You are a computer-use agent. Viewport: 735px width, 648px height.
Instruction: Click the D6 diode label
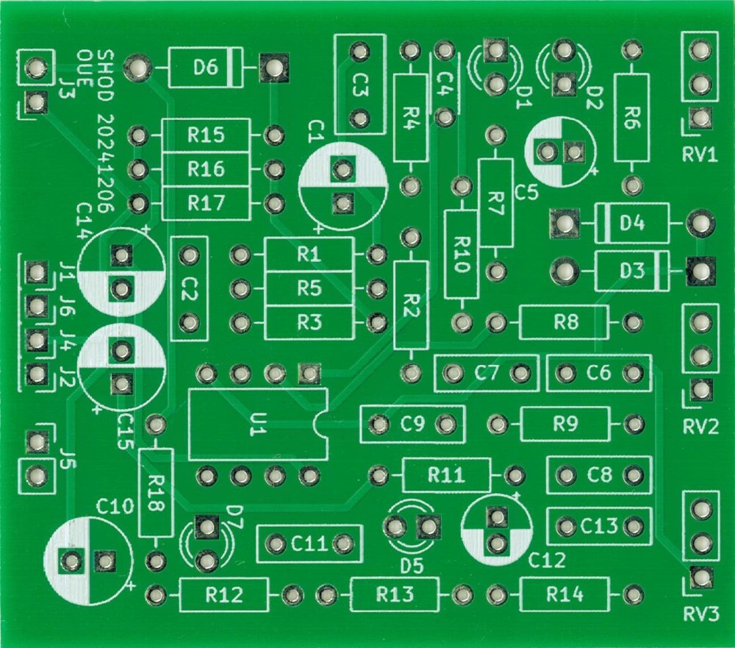pos(206,68)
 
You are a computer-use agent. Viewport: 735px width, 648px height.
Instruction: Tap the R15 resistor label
pos(206,135)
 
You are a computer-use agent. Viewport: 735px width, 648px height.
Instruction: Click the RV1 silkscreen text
pos(700,155)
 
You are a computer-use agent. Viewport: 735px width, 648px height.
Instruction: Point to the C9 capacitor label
pos(413,424)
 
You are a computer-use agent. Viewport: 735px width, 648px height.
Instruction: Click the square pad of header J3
pos(34,102)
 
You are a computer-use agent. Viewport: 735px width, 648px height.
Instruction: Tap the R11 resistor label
pos(446,475)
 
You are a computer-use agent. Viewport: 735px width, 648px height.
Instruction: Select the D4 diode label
pos(632,222)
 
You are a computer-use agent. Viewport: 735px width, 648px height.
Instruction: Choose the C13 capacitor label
pos(599,527)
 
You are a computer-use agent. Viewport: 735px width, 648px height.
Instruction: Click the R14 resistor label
pos(564,594)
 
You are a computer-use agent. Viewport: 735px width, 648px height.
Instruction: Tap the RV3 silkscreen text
pos(700,613)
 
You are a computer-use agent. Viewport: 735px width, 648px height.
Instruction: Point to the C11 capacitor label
pos(309,544)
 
